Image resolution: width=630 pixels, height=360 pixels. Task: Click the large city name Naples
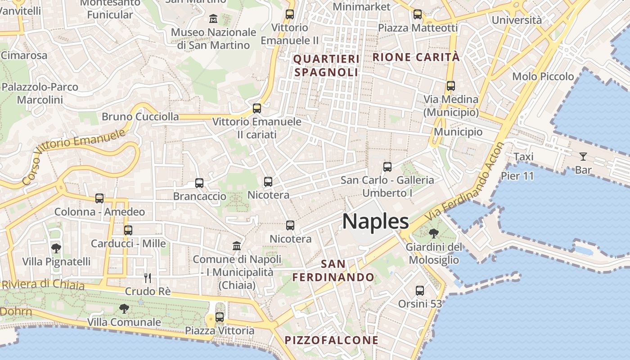(x=375, y=221)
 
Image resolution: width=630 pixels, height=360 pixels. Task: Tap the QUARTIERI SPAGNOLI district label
(x=326, y=66)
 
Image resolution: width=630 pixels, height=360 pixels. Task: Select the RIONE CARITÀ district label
(x=416, y=57)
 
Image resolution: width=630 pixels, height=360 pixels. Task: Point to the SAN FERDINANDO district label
(x=333, y=270)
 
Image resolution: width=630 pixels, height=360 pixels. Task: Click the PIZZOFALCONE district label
(x=332, y=340)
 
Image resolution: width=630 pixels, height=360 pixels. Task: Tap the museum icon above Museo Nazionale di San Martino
(x=213, y=19)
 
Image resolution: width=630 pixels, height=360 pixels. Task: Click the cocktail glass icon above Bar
(x=583, y=157)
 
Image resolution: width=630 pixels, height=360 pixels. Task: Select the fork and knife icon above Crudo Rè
(x=148, y=278)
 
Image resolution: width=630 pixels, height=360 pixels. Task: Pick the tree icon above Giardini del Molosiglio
(x=434, y=234)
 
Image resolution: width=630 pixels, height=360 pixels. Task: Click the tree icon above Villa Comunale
(x=124, y=309)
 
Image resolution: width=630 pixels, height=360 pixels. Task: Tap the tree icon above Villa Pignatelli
(x=56, y=248)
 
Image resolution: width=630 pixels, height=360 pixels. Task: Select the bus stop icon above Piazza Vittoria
(x=220, y=317)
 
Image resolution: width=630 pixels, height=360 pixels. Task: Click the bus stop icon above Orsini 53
(x=420, y=291)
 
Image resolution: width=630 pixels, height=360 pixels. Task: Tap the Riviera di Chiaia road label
(x=43, y=284)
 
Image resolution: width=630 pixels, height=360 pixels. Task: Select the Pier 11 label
(x=517, y=175)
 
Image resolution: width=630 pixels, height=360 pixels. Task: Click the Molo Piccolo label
(x=543, y=76)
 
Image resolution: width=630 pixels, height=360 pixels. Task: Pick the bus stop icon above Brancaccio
(x=199, y=183)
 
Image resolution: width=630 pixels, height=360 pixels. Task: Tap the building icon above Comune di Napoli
(x=237, y=246)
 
